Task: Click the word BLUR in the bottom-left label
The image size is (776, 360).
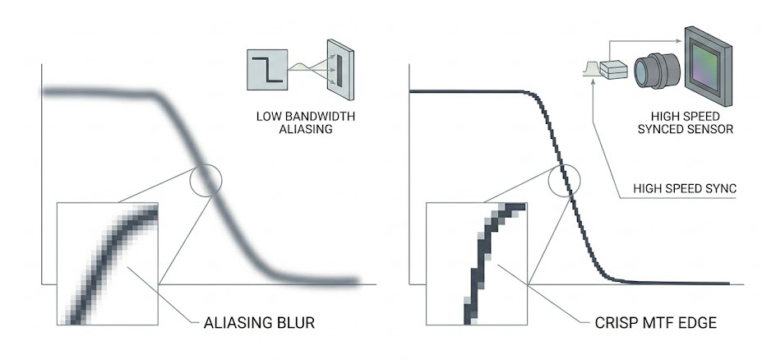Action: pyautogui.click(x=294, y=322)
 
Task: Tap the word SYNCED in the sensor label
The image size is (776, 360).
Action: pyautogui.click(x=667, y=129)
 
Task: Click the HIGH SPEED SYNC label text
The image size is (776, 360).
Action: pyautogui.click(x=683, y=188)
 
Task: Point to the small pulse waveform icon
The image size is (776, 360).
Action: pyautogui.click(x=591, y=67)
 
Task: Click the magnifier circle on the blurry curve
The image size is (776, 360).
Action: pyautogui.click(x=206, y=180)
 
